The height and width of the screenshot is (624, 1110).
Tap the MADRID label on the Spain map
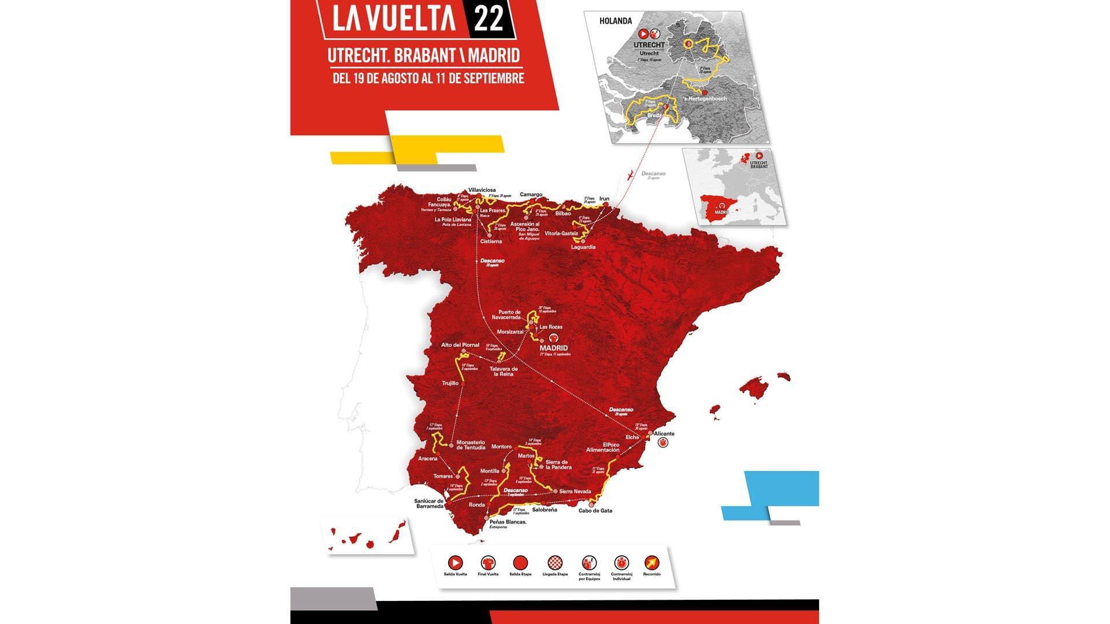point(554,348)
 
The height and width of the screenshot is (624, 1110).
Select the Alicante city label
point(664,433)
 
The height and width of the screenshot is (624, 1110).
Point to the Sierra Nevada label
point(576,491)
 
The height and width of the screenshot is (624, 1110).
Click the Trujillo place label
point(450,383)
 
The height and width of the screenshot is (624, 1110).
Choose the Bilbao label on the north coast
point(563,213)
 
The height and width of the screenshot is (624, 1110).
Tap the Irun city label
point(604,198)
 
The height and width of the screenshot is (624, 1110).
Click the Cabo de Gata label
point(595,510)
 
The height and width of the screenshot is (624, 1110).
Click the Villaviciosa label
point(482,190)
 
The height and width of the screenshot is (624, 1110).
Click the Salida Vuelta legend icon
point(456,562)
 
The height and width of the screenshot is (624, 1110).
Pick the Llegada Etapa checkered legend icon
point(554,562)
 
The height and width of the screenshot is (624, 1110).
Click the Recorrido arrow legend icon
point(652,562)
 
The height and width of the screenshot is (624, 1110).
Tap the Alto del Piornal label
point(460,345)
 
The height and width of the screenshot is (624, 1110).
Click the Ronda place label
point(477,504)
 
